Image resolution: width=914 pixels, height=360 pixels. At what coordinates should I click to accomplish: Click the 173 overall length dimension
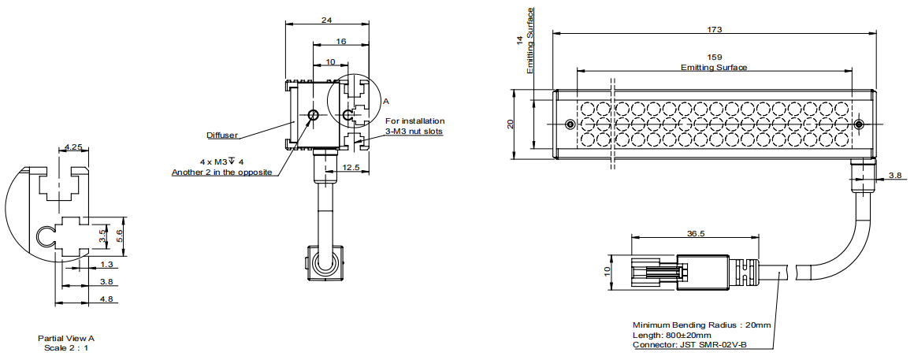715,29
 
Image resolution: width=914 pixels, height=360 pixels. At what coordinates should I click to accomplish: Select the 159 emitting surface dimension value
714,58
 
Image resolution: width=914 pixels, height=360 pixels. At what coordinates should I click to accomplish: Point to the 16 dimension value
340,40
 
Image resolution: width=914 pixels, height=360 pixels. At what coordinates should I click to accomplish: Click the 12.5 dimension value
351,168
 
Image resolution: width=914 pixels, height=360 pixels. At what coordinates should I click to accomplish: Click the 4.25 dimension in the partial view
73,147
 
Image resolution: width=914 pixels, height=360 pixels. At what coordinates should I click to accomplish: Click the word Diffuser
223,135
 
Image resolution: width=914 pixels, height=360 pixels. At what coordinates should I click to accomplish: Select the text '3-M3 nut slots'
414,132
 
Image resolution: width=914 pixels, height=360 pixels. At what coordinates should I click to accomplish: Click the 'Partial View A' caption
66,338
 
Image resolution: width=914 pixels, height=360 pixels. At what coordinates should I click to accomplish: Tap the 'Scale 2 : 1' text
66,347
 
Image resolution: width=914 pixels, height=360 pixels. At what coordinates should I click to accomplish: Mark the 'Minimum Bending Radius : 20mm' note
700,325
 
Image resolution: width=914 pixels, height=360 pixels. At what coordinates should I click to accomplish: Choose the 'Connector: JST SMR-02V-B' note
690,345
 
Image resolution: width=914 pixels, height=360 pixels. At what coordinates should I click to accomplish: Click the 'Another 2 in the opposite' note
222,172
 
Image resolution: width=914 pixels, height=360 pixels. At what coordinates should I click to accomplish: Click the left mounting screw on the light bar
570,124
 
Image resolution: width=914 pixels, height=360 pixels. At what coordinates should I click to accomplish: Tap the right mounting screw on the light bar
859,124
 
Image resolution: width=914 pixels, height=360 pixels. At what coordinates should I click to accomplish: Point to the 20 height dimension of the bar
511,124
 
